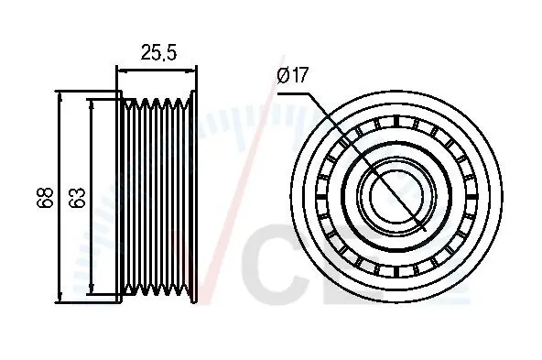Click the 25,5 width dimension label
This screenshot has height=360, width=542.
coord(158,53)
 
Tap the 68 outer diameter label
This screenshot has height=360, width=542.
coord(45,198)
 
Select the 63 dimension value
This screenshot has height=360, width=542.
coord(77,198)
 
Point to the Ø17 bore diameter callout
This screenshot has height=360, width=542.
coord(292,75)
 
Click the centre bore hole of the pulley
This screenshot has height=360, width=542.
coord(396,196)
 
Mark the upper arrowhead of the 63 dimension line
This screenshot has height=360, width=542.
coord(91,105)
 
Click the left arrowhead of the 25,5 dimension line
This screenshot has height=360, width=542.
coord(123,71)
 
